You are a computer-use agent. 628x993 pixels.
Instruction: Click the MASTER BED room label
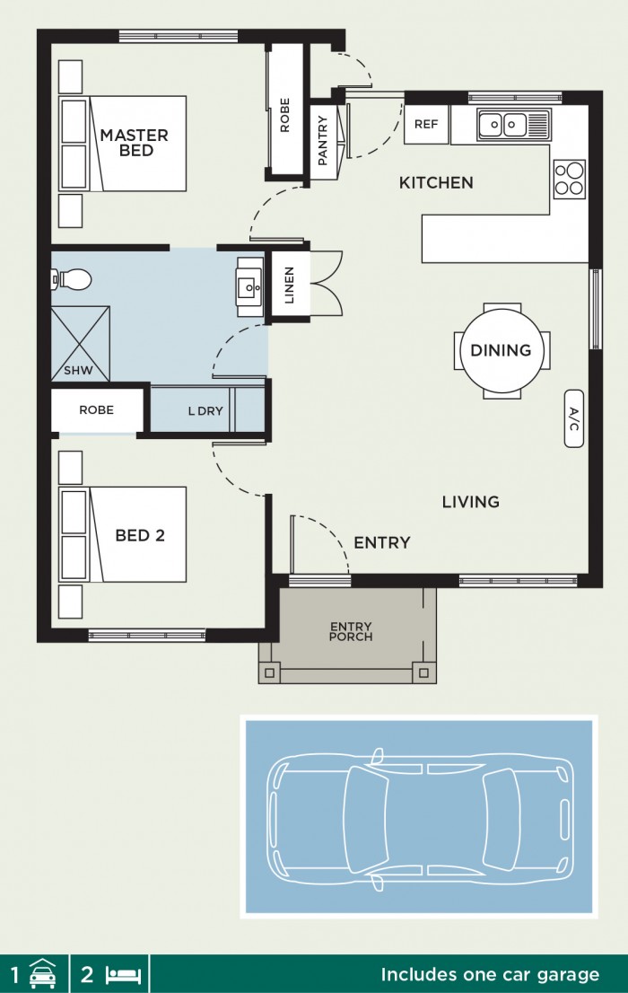pyautogui.click(x=134, y=143)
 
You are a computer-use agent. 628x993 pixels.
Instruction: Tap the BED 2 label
pyautogui.click(x=140, y=536)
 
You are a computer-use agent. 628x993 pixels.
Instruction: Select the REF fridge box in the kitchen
pyautogui.click(x=426, y=125)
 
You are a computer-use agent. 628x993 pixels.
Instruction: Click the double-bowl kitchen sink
pyautogui.click(x=502, y=124)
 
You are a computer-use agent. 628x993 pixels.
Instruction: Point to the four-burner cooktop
pyautogui.click(x=569, y=178)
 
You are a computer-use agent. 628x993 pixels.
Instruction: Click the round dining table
pyautogui.click(x=501, y=350)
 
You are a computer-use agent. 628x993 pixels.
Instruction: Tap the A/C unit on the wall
pyautogui.click(x=573, y=418)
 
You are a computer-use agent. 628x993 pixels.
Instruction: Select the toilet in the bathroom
pyautogui.click(x=73, y=280)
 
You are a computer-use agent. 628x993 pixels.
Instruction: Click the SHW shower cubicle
pyautogui.click(x=80, y=345)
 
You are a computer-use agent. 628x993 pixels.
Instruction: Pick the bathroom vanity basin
pyautogui.click(x=249, y=287)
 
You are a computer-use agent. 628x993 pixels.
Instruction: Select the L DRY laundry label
pyautogui.click(x=205, y=411)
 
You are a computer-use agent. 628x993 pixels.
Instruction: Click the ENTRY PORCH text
pyautogui.click(x=351, y=631)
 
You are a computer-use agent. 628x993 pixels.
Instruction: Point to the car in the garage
pyautogui.click(x=418, y=816)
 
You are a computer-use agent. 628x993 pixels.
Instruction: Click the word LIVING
pyautogui.click(x=470, y=502)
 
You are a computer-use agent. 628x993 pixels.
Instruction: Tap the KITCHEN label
pyautogui.click(x=435, y=183)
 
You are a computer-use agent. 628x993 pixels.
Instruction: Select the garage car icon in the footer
pyautogui.click(x=42, y=974)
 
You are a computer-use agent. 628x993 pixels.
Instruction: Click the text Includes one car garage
pyautogui.click(x=490, y=974)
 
